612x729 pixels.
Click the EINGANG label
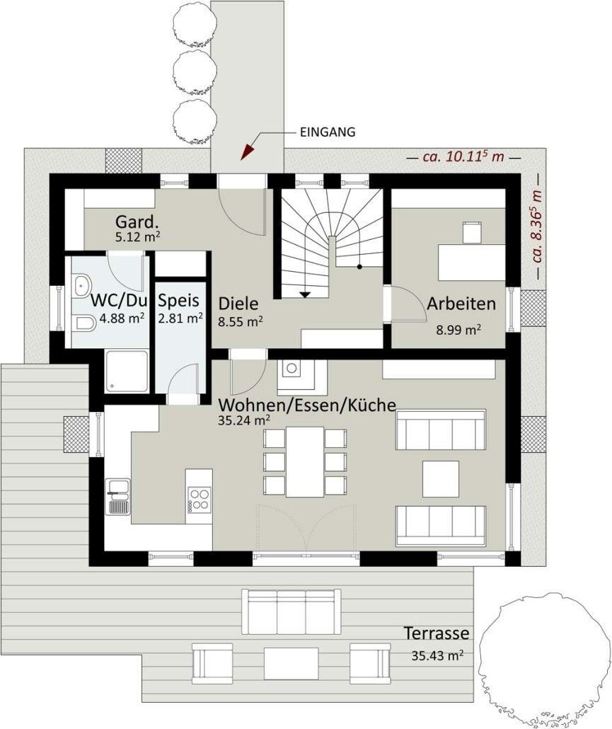click(x=328, y=132)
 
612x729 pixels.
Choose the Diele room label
click(x=238, y=304)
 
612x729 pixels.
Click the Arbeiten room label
click(x=461, y=304)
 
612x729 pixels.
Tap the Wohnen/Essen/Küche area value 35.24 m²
click(x=244, y=420)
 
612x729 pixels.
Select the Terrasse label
click(x=436, y=633)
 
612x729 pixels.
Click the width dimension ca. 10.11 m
click(x=463, y=156)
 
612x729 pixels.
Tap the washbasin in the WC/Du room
click(x=82, y=284)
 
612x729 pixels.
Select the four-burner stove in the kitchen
click(x=200, y=499)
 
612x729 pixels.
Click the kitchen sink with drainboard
click(x=118, y=497)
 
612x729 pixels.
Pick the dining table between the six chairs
click(x=305, y=461)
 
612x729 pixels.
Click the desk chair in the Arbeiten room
click(x=473, y=232)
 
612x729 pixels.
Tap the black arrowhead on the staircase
click(x=305, y=294)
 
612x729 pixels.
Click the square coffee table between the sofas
click(x=441, y=479)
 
